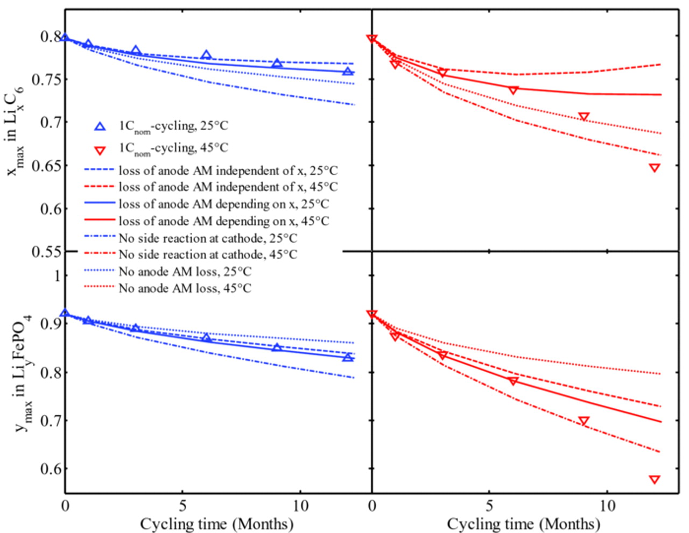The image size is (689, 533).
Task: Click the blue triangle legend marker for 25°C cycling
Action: coord(100,126)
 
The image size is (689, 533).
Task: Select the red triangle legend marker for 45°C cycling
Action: coord(100,149)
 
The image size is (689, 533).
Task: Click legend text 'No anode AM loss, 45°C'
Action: coord(185,288)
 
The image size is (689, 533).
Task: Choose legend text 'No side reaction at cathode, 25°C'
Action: coord(208,238)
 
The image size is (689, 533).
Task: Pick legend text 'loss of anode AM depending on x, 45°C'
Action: coord(223,221)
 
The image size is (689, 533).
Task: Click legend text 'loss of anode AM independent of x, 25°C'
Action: coord(228,171)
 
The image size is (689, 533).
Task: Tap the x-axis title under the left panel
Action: coord(217,523)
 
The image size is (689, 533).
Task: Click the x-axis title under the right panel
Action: coord(524,523)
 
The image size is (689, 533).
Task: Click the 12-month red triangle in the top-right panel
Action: coord(654,168)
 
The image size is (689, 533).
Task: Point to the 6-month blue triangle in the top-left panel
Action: coord(206,55)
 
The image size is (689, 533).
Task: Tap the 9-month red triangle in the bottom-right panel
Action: coord(583,421)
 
